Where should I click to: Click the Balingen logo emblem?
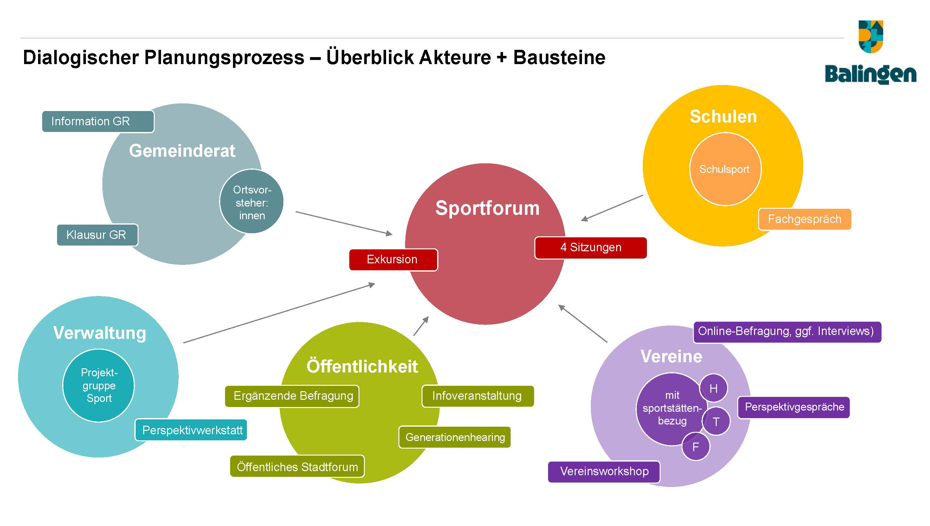pyautogui.click(x=870, y=36)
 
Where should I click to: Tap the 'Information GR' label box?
pyautogui.click(x=98, y=122)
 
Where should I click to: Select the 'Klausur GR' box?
pyautogui.click(x=97, y=235)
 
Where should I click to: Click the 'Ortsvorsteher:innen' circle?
pyautogui.click(x=252, y=201)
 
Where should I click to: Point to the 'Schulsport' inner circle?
pyautogui.click(x=725, y=169)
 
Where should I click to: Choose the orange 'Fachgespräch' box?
pyautogui.click(x=804, y=219)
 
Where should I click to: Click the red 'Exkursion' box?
pyautogui.click(x=393, y=260)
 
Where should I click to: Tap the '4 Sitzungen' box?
pyautogui.click(x=590, y=247)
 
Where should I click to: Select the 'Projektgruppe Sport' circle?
pyautogui.click(x=99, y=385)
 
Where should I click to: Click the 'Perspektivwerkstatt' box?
pyautogui.click(x=191, y=430)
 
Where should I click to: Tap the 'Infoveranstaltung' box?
pyautogui.click(x=477, y=396)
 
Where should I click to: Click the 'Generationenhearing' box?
pyautogui.click(x=455, y=437)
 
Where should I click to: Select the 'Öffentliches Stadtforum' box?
pyautogui.click(x=297, y=467)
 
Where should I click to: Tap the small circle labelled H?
pyautogui.click(x=714, y=388)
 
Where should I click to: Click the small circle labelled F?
pyautogui.click(x=696, y=447)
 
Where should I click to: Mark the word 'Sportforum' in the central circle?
pyautogui.click(x=488, y=208)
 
